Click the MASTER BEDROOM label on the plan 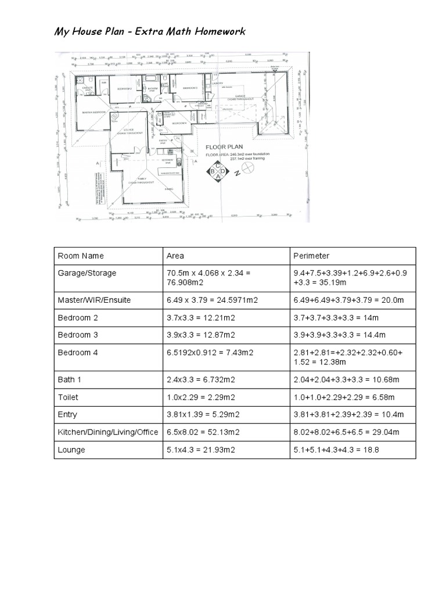93,113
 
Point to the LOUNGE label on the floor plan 128,131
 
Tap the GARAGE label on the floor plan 239,96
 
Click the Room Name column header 81,256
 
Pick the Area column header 175,256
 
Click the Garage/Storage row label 87,273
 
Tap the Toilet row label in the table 67,397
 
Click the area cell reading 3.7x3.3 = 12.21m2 200,317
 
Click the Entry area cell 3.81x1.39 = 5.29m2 203,415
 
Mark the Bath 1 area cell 199,380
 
